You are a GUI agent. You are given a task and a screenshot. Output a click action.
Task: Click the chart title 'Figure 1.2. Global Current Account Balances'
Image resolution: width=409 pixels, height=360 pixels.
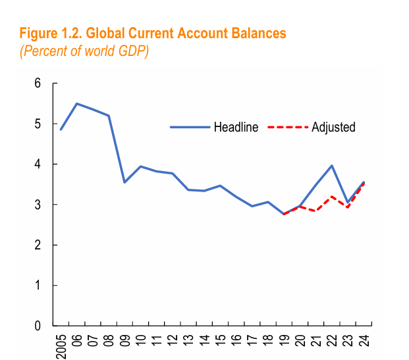153,33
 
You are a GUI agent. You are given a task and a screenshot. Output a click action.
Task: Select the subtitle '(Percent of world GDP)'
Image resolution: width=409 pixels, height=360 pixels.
84,51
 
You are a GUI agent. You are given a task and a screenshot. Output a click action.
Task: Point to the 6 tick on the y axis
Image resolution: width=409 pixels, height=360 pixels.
38,84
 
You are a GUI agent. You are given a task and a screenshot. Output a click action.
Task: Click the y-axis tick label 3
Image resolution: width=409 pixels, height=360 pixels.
38,205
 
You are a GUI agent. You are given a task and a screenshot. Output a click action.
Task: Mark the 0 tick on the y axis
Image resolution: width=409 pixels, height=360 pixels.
38,326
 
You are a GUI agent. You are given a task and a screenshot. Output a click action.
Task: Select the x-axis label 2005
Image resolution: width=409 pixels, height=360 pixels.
61,344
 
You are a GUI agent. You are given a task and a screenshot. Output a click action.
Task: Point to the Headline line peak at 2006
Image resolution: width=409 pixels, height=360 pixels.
77,103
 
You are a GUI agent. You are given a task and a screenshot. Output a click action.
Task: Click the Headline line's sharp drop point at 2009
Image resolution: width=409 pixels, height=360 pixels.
125,182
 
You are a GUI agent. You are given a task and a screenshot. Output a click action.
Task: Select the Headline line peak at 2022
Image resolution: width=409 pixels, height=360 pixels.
332,165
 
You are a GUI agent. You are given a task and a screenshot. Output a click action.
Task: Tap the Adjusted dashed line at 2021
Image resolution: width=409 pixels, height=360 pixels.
316,211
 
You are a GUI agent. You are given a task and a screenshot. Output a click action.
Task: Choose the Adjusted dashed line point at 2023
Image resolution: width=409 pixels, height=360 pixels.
348,207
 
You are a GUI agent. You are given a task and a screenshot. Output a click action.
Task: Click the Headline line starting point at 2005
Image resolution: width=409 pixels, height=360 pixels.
61,129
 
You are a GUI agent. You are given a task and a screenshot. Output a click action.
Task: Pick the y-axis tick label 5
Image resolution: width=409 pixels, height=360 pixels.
38,124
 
